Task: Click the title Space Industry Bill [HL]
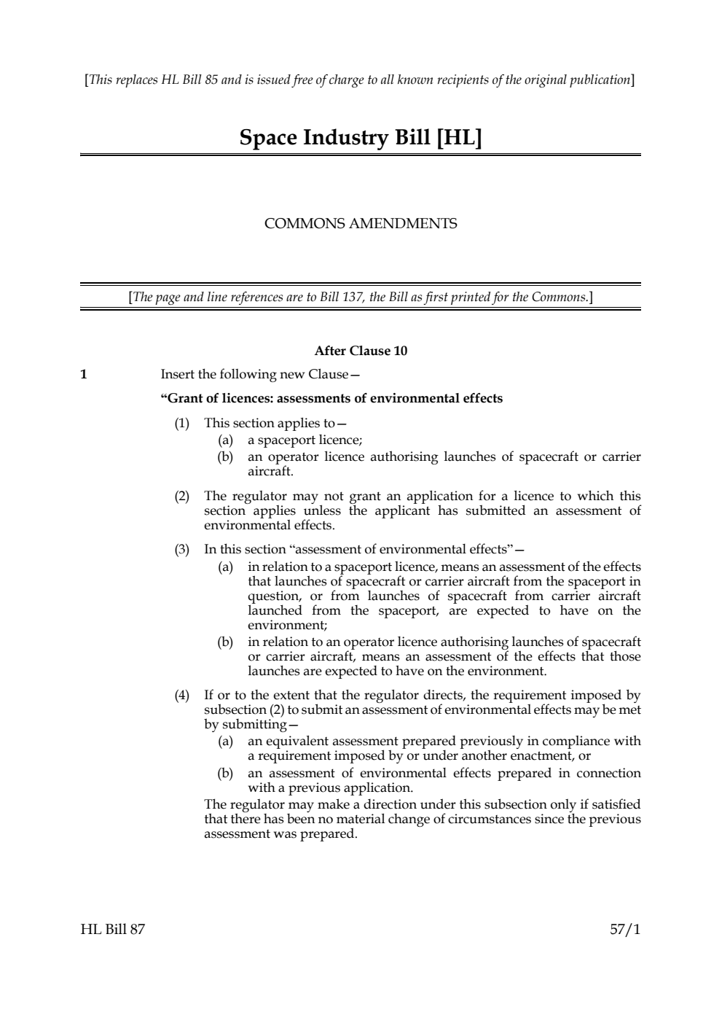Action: [361, 138]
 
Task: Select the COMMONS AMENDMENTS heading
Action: [361, 224]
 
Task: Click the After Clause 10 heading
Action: [361, 351]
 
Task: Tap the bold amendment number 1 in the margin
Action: [84, 375]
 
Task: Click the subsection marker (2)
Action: [181, 497]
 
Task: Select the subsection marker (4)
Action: [181, 696]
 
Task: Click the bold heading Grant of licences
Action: [331, 398]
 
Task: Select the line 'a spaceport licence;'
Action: [305, 440]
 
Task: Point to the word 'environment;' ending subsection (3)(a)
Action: [288, 626]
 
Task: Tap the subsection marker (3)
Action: [181, 550]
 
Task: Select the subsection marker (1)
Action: [181, 424]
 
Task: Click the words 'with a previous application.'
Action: [330, 788]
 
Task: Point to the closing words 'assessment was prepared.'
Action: [280, 833]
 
